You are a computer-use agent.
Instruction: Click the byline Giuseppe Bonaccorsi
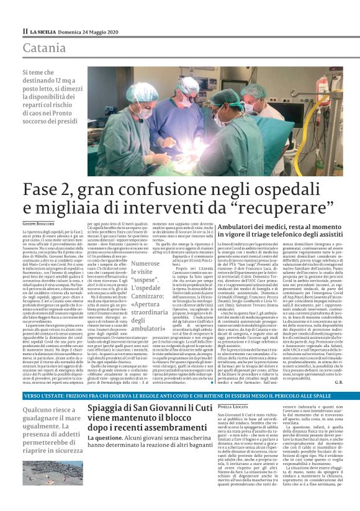click(x=41, y=223)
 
